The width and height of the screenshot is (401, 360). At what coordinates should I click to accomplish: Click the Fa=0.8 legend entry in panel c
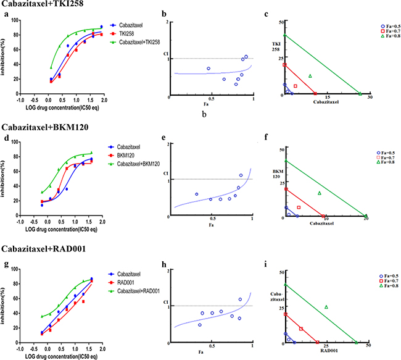coord(389,39)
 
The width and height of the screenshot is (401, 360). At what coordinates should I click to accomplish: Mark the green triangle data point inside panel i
coord(326,307)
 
